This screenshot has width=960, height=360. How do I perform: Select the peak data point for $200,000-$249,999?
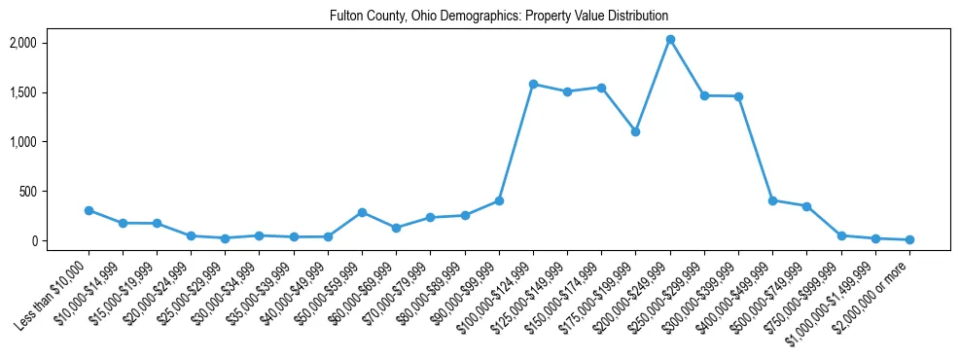coord(670,40)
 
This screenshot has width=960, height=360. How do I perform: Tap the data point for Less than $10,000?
coord(89,210)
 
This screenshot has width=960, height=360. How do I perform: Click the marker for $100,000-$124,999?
coord(533,85)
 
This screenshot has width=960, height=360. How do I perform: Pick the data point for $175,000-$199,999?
coord(636,131)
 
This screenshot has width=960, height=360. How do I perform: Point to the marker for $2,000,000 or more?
coord(909,239)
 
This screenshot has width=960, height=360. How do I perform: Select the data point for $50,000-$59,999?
coord(362,212)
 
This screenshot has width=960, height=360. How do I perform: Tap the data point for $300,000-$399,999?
coord(738,96)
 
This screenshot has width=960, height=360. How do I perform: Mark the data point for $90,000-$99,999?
coord(499,200)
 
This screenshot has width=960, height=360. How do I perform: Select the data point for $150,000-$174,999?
coord(602,88)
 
